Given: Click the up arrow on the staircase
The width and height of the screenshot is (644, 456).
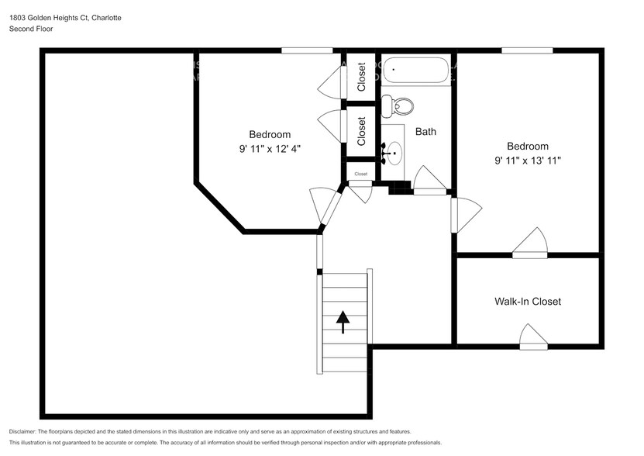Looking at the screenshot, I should pos(343,319).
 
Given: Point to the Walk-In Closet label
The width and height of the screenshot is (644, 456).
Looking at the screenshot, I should pos(528,301).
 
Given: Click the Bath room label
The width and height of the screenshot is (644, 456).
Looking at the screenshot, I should pos(425,131).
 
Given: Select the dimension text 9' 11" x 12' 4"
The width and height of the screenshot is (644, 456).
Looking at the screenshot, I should pos(269,148).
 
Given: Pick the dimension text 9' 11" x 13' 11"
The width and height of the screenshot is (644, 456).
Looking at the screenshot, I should pos(528,161).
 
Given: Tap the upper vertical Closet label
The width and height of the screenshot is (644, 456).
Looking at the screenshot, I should pos(361,77).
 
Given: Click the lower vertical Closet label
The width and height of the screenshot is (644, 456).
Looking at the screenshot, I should pos(361,131).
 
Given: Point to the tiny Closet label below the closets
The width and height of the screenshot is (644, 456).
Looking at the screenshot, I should pos(361,174).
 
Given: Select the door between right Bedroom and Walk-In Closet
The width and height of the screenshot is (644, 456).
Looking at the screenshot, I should pos(530,243).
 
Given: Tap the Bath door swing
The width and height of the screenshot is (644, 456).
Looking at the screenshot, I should pos(429,180).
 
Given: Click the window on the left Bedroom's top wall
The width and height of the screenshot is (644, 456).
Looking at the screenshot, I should pos(307,51).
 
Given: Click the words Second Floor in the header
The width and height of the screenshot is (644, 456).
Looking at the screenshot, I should pos(30,29).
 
